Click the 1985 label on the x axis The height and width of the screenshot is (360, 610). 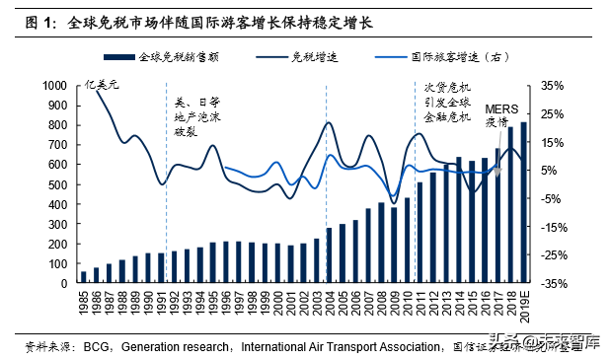[x=84, y=302]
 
